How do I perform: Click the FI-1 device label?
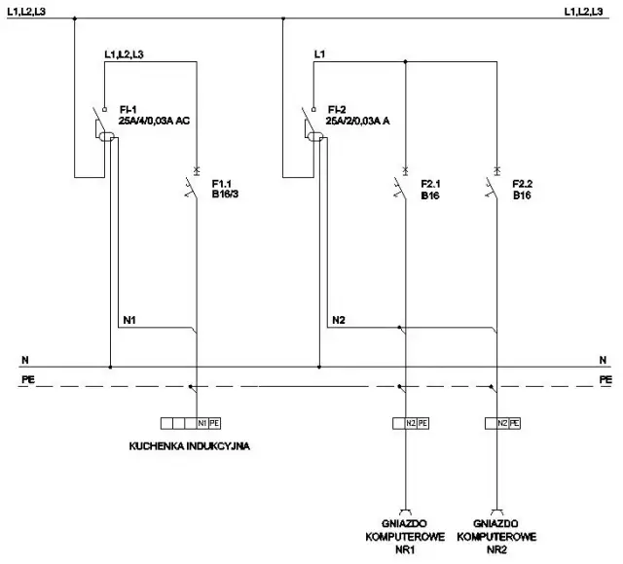click(x=128, y=109)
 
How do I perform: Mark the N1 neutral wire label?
click(x=129, y=319)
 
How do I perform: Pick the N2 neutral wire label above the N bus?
click(x=338, y=319)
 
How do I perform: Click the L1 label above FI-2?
click(x=319, y=54)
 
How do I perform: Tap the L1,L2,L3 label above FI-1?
click(x=125, y=54)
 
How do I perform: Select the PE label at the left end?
click(x=26, y=377)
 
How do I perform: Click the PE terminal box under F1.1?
click(x=215, y=423)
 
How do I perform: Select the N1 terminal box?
click(x=202, y=423)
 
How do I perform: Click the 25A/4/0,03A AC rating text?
click(x=154, y=121)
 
